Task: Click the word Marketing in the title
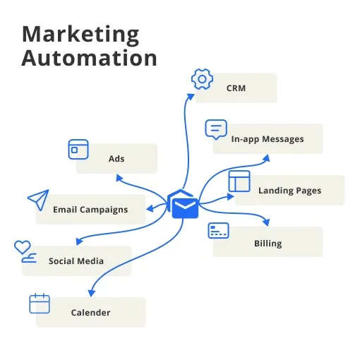[80, 35]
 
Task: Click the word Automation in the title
[89, 58]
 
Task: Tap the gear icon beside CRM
[202, 79]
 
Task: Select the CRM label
[236, 88]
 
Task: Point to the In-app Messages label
[268, 139]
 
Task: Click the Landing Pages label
[289, 191]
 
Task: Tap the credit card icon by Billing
[218, 230]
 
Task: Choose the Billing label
[268, 244]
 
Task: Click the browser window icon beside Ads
[78, 150]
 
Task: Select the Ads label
[116, 159]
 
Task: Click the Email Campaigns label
[90, 210]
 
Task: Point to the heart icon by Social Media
[22, 247]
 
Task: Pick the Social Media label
[76, 261]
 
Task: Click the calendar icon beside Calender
[40, 304]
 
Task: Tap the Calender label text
[90, 313]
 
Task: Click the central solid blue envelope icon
[185, 208]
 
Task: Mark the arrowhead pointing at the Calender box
[91, 293]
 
